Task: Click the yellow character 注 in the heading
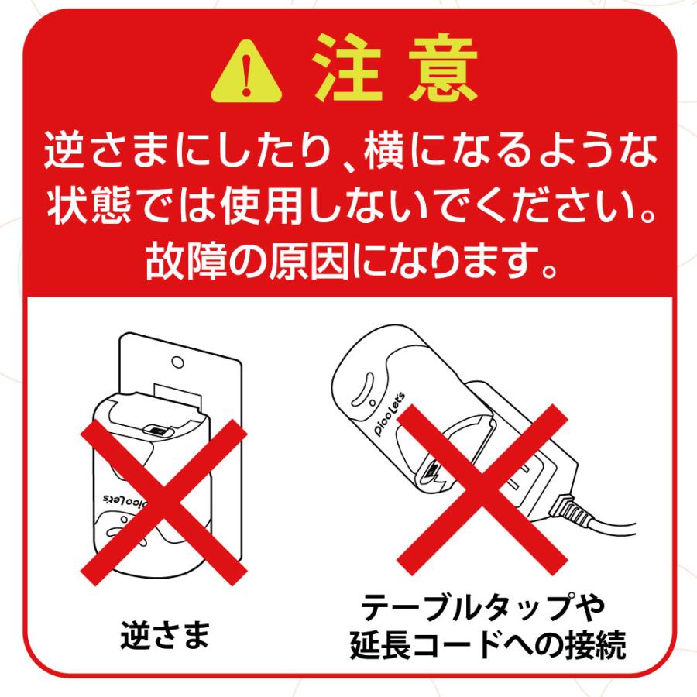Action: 351,74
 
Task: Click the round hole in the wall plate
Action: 177,361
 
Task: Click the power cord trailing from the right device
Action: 612,527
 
